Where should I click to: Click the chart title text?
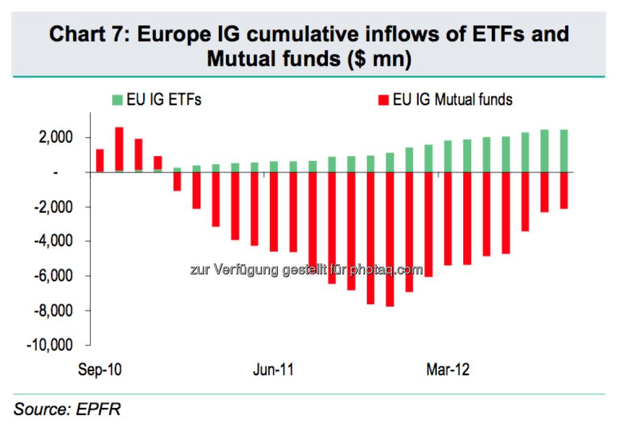pyautogui.click(x=309, y=46)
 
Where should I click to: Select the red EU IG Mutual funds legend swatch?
pyautogui.click(x=383, y=99)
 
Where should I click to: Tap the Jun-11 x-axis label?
pyautogui.click(x=273, y=370)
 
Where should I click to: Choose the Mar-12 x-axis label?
pyautogui.click(x=448, y=370)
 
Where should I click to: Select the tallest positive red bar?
pyautogui.click(x=119, y=150)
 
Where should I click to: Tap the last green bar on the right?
pyautogui.click(x=564, y=151)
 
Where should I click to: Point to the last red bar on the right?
pyautogui.click(x=564, y=190)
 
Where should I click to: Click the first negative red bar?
pyautogui.click(x=177, y=182)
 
